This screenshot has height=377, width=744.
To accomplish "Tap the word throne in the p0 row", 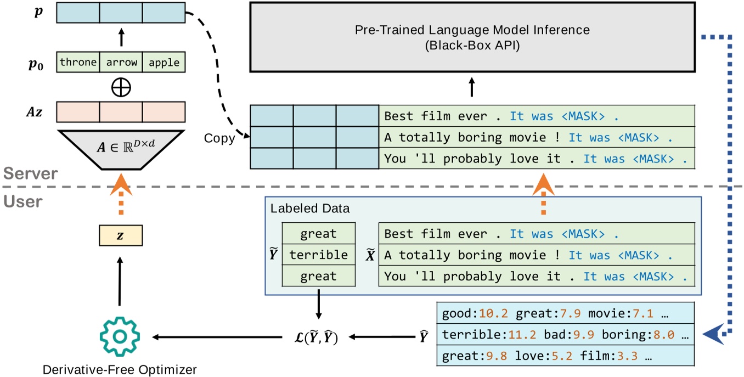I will [x=78, y=62].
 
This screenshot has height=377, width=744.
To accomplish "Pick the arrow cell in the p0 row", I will [x=121, y=62].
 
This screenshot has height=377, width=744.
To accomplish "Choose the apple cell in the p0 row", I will [x=164, y=62].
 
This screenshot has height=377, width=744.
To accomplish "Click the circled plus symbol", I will [x=121, y=88].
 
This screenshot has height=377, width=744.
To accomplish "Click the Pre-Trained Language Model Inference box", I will [x=472, y=37].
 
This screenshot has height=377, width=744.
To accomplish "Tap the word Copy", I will [x=219, y=138].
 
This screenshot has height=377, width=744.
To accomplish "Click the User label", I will [x=22, y=201].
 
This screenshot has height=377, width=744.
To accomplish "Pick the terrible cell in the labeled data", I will [x=318, y=255].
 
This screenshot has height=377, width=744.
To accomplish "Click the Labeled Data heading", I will [x=309, y=209].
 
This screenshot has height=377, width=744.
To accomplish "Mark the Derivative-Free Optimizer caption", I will [x=120, y=369].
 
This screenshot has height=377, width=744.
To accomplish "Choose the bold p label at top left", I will [x=38, y=13].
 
